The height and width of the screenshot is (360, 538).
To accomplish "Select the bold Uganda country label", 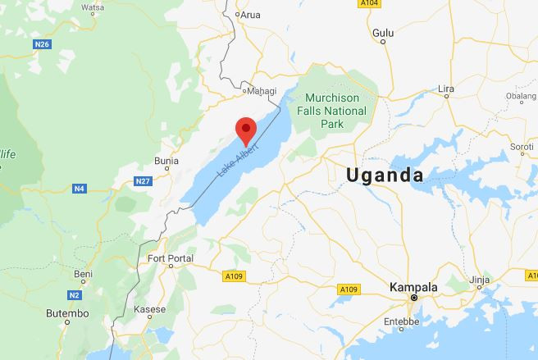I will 385,175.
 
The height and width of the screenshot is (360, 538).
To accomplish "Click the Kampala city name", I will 413,287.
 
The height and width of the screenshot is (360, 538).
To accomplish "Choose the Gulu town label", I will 383,33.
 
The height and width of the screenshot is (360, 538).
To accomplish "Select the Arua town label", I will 250,14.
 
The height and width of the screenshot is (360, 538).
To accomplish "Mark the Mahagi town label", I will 262,91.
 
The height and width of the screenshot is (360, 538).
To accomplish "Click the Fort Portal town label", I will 169,259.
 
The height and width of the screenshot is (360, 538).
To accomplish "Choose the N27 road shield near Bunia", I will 144,180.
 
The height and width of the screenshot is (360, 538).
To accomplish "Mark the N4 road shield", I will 79,189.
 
